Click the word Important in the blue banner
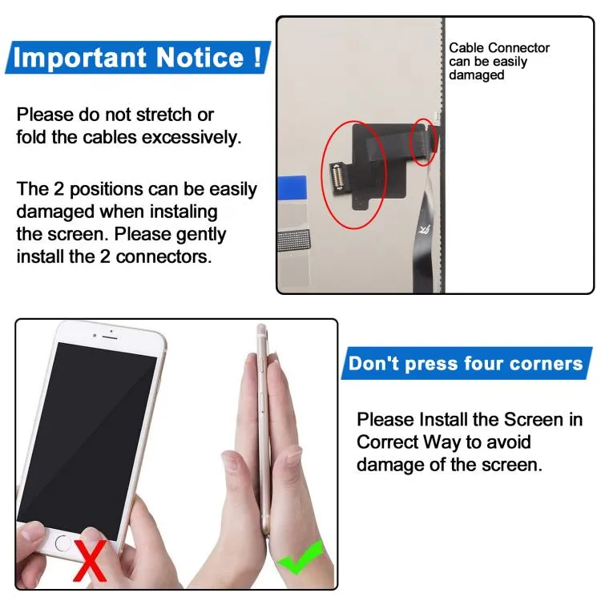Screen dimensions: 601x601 pyautogui.click(x=79, y=58)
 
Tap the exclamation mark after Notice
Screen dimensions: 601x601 pyautogui.click(x=257, y=57)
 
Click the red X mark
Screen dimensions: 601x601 pyautogui.click(x=90, y=560)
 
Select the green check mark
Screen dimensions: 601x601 pyautogui.click(x=300, y=557)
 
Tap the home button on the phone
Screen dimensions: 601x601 pyautogui.click(x=63, y=543)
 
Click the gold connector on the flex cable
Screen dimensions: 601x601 pyautogui.click(x=337, y=177)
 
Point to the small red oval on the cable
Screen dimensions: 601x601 pyautogui.click(x=424, y=142)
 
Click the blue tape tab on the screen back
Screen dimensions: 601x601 pyautogui.click(x=292, y=188)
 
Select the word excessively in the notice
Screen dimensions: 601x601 pyautogui.click(x=192, y=138)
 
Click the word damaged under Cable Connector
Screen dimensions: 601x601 pyautogui.click(x=477, y=75)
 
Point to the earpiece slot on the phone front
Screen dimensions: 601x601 pyautogui.click(x=110, y=337)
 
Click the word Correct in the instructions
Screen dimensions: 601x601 pyautogui.click(x=387, y=442)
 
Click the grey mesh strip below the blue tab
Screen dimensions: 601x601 pyautogui.click(x=293, y=240)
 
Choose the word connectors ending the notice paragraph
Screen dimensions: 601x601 pyautogui.click(x=163, y=256)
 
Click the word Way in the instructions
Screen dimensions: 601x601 pyautogui.click(x=442, y=442)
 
